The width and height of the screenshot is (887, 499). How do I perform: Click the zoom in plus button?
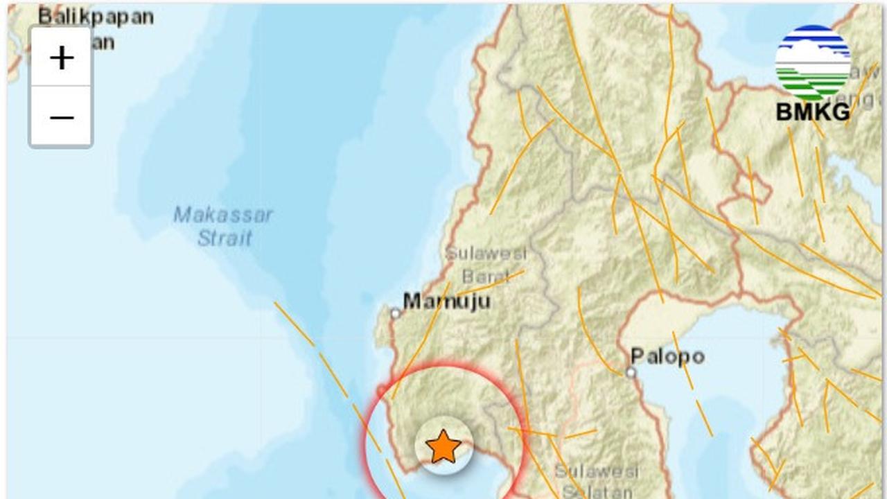pos(62,58)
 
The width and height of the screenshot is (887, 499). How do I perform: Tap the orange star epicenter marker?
pos(443,446)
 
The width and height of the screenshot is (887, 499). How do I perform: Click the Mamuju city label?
pos(447,301)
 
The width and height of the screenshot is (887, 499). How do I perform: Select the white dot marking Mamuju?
pos(396,313)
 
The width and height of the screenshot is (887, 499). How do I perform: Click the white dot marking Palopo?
pos(631,373)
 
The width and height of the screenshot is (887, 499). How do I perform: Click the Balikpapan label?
pos(96,17)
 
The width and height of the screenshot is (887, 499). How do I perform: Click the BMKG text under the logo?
pos(812,112)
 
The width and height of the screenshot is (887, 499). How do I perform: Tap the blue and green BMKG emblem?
pos(813,63)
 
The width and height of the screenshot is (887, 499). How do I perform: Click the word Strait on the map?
pos(225,238)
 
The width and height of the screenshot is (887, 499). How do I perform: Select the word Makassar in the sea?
pos(223,215)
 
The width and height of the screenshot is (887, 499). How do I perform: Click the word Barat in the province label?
pos(485,277)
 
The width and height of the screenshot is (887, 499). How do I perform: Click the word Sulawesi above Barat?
pos(486,253)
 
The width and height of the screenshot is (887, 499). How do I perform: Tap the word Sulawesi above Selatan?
pos(596,471)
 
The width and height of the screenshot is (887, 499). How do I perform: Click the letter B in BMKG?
pos(783,112)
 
